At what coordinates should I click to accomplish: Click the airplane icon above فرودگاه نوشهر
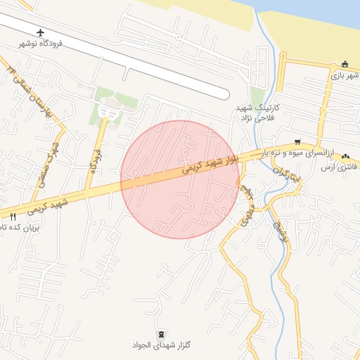40,33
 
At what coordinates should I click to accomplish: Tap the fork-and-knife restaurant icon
13,217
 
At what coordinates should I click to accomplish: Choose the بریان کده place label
14,227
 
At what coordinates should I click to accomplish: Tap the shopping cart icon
298,141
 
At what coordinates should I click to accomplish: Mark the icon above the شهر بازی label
344,65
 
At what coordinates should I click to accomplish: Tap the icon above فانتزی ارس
345,156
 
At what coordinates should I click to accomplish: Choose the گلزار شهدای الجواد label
161,345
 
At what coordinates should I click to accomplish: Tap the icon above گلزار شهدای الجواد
162,333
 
